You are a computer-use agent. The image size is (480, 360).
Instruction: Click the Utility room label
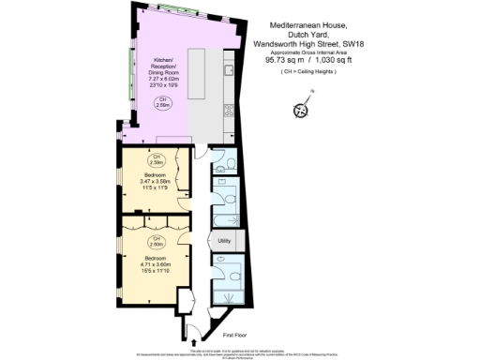(224, 242)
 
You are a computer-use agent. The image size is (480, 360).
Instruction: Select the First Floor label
(236, 334)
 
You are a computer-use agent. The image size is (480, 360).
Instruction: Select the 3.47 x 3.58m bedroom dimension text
(152, 180)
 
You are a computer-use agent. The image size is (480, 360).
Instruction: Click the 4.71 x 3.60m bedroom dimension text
(152, 263)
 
